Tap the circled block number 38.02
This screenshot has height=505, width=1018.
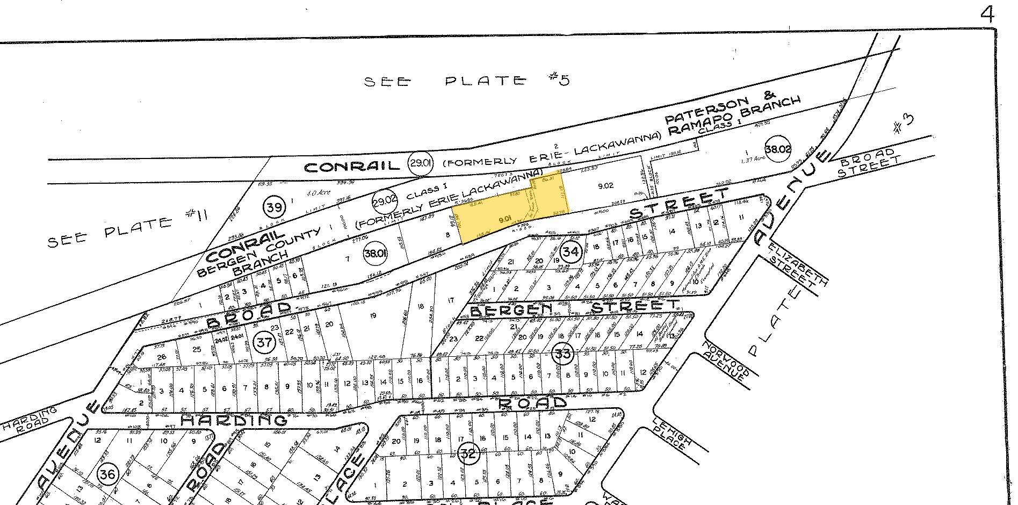pos(777,149)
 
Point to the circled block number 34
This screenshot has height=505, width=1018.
pos(572,250)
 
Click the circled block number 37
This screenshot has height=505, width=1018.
pos(264,342)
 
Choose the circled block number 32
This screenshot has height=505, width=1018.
pos(468,454)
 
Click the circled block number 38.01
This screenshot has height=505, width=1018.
pos(375,252)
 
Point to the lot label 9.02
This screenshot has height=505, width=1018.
pos(605,186)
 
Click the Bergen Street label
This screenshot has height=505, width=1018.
pos(573,308)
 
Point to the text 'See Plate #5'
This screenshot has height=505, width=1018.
pos(465,81)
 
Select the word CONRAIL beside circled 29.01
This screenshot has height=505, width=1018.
pos(352,167)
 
